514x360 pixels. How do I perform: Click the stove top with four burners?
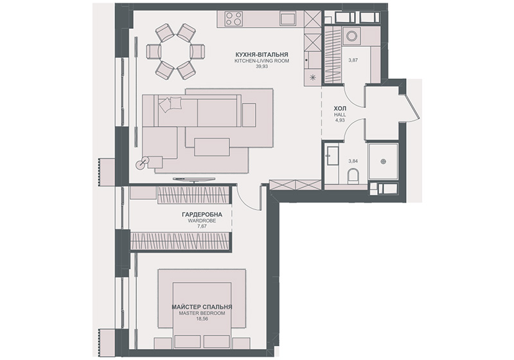[x=234, y=19]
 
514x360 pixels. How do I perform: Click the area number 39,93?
[x=261, y=66]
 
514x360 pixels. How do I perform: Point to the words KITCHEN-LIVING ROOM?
[x=261, y=60]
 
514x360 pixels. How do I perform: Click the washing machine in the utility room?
[x=351, y=35]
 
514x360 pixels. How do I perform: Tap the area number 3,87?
[x=353, y=60]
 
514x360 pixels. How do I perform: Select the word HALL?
[x=340, y=115]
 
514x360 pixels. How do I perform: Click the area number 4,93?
[x=340, y=120]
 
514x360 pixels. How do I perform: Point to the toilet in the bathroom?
[x=353, y=176]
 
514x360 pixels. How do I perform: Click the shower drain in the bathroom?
[x=384, y=161]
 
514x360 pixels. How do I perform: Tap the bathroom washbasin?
[x=332, y=156]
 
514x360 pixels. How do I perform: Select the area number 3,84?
[x=353, y=161]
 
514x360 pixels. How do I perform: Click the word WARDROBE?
[x=202, y=221]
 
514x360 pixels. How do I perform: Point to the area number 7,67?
[x=202, y=226]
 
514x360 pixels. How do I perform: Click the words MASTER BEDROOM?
[x=202, y=313]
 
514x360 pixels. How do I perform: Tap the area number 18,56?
[x=202, y=318]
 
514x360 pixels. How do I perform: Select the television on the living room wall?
[x=195, y=179]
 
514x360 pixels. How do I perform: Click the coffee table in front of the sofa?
[x=212, y=147]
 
